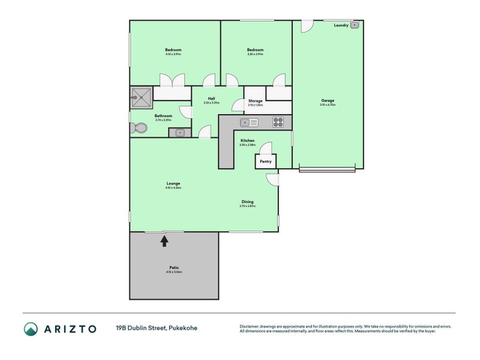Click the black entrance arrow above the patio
[x=164, y=241]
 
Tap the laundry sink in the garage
[x=355, y=25]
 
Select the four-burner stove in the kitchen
[x=278, y=122]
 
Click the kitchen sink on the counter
[x=248, y=122]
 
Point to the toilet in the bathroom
[x=139, y=128]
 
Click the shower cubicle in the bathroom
[x=142, y=96]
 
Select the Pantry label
[x=265, y=161]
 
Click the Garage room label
[x=328, y=101]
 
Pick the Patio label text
[x=174, y=268]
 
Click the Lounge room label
[x=173, y=184]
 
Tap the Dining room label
[x=247, y=202]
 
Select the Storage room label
[x=255, y=101]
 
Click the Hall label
[x=211, y=98]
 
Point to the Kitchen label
[x=247, y=141]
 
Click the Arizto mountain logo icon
[x=31, y=328]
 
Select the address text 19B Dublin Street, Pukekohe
[x=156, y=328]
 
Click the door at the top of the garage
[x=306, y=26]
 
